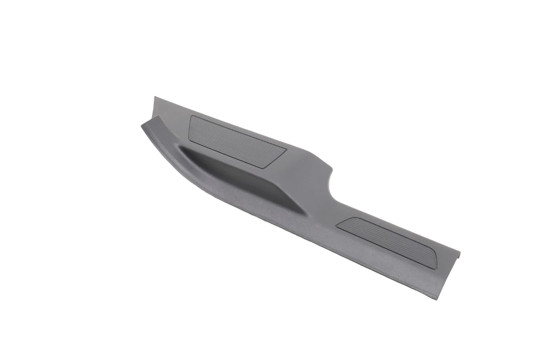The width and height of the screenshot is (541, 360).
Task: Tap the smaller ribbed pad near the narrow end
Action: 387,242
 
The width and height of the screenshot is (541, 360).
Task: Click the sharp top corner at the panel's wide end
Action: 155,97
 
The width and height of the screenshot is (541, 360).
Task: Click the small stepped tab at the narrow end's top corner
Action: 458,253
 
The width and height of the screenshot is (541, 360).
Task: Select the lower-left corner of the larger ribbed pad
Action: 189,139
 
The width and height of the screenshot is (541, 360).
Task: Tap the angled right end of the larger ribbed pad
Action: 284,153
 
